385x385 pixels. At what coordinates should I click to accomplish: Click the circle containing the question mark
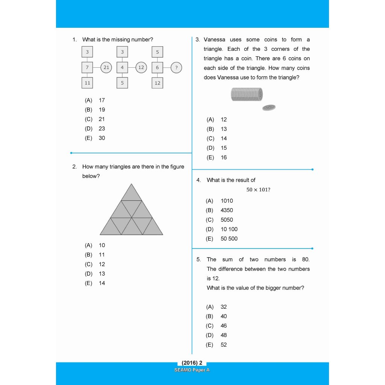(x=176, y=68)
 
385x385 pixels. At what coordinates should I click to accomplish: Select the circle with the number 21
(x=106, y=68)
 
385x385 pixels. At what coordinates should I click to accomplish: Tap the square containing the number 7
(x=87, y=68)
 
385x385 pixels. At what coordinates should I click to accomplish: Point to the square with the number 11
(x=87, y=83)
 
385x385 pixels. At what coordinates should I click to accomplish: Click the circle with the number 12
(x=141, y=68)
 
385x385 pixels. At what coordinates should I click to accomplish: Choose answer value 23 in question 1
(x=102, y=129)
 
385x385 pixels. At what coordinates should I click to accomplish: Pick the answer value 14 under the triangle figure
(x=102, y=283)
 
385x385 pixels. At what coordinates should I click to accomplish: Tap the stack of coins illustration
(x=247, y=94)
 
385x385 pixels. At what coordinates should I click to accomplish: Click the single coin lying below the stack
(x=269, y=108)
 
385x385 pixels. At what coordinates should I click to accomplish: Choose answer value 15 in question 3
(x=224, y=148)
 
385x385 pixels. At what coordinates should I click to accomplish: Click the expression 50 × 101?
(x=258, y=190)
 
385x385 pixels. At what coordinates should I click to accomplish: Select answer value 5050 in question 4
(x=227, y=220)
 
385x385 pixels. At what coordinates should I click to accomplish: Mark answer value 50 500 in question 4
(x=229, y=238)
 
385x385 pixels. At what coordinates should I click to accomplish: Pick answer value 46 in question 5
(x=224, y=326)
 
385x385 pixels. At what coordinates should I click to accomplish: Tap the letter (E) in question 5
(x=210, y=345)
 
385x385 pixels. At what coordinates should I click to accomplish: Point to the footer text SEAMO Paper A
(x=192, y=370)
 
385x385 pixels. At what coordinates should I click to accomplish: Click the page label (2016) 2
(x=192, y=363)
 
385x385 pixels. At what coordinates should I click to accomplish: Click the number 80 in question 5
(x=306, y=259)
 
